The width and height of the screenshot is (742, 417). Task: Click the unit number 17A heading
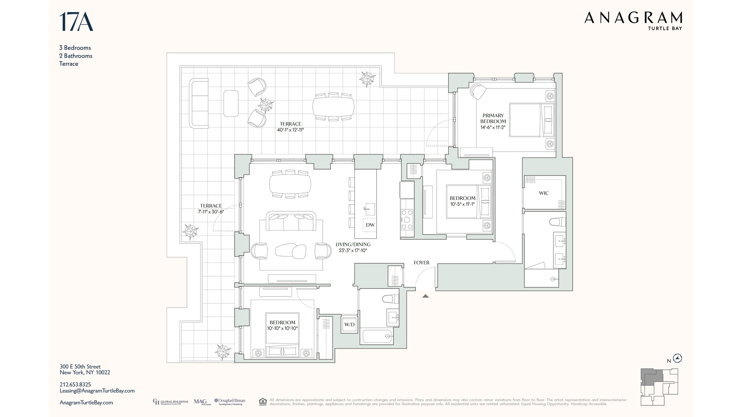click(76, 22)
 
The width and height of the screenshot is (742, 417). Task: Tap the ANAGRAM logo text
click(633, 18)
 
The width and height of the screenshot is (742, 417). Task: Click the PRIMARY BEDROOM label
click(493, 118)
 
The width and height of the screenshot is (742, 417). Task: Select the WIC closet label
click(543, 193)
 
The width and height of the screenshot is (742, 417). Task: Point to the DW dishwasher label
click(370, 225)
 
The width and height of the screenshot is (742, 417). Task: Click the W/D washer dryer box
click(349, 324)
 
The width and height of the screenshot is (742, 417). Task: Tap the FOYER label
click(421, 263)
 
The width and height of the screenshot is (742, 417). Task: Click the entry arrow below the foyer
click(425, 296)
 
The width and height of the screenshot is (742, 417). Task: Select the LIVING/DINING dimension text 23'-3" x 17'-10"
click(352, 251)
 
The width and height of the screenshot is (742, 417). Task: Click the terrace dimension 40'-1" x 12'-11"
click(290, 130)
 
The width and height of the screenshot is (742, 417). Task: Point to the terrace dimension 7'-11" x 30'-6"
click(211, 212)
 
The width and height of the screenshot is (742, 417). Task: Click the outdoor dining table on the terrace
click(333, 107)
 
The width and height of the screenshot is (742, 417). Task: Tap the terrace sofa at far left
click(199, 103)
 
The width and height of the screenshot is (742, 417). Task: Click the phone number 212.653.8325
click(75, 385)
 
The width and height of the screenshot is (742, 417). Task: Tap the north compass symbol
click(677, 358)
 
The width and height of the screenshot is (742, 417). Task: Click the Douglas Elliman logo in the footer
click(230, 402)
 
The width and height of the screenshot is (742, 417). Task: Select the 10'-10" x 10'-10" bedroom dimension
click(282, 329)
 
